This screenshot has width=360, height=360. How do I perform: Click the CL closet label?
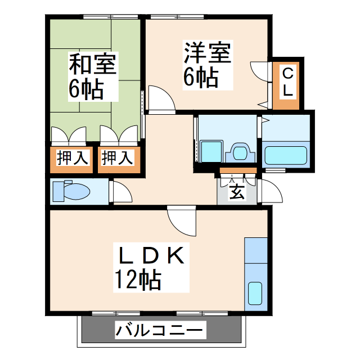pos(287,81)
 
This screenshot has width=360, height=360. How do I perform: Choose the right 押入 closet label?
pos(117,158)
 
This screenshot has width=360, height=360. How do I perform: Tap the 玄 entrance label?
pos(237,192)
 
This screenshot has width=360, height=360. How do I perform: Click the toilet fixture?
pos(70,191)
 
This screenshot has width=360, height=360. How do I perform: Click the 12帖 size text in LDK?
pos(138,279)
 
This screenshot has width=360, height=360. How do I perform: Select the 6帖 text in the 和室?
pos(85,88)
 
